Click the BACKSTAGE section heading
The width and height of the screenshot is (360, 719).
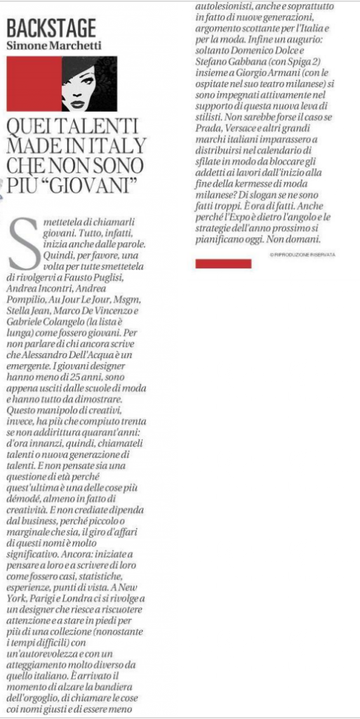[x=51, y=28]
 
